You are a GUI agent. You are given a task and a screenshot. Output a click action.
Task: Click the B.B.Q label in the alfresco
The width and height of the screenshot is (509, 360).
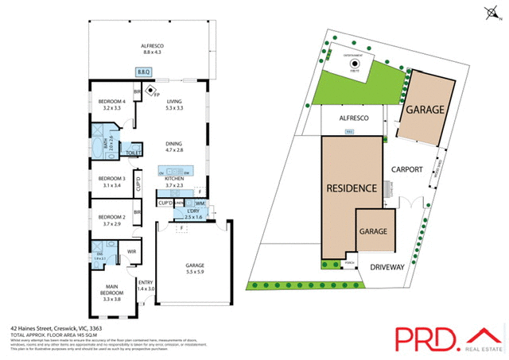click(x=144, y=72)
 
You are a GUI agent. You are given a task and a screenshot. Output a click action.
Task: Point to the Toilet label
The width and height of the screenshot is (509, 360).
click(x=134, y=152)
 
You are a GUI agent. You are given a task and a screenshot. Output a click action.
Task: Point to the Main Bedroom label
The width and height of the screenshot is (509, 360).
click(x=112, y=290)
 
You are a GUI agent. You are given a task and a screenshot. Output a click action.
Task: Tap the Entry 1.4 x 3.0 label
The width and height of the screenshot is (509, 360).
click(x=146, y=285)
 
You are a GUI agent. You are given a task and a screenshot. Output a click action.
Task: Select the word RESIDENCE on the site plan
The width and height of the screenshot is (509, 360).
click(x=352, y=189)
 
